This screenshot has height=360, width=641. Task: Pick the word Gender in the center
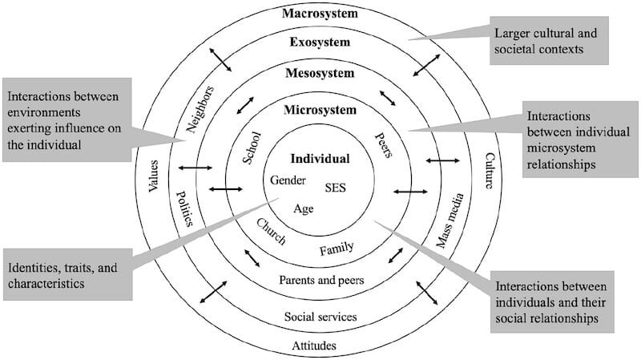[288, 180]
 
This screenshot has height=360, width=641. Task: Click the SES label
[336, 188]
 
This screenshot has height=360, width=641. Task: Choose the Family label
[337, 249]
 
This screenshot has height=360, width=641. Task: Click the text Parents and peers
[321, 280]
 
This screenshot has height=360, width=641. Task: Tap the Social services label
[320, 317]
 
